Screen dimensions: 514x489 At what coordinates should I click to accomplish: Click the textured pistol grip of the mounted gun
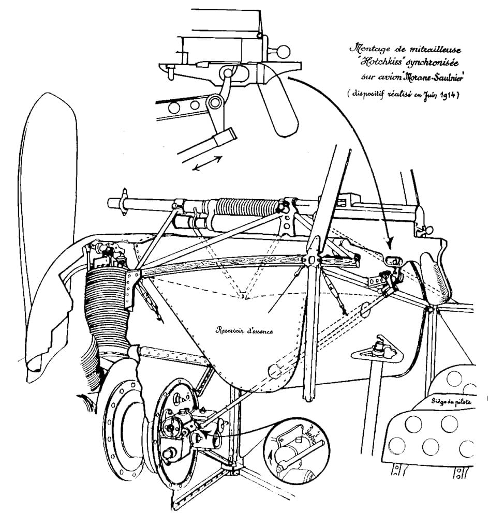tap(437, 274)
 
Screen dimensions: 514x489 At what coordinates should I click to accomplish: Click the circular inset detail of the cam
tap(293, 449)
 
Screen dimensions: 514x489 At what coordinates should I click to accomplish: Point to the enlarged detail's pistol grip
tap(279, 109)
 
